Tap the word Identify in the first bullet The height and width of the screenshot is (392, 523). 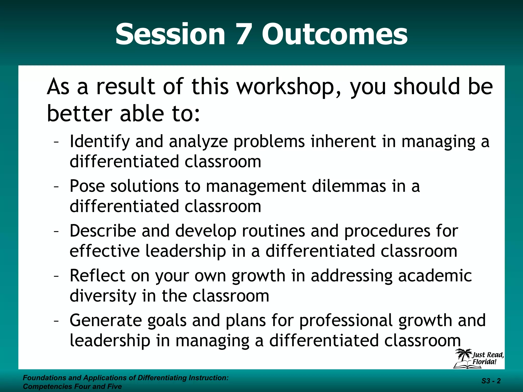click(x=100, y=142)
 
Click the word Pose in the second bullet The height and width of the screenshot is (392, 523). click(x=87, y=186)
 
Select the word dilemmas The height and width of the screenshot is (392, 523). click(x=349, y=186)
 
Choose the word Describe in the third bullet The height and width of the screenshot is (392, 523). click(x=103, y=231)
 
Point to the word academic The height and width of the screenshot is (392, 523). click(x=435, y=276)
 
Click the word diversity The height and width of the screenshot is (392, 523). click(x=103, y=296)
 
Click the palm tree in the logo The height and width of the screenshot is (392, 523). click(x=463, y=356)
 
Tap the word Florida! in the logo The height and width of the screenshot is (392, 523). click(x=484, y=362)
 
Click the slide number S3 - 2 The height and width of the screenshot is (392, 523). click(x=491, y=381)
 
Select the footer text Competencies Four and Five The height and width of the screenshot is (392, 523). click(x=72, y=386)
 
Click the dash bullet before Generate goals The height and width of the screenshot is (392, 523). click(x=56, y=321)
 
